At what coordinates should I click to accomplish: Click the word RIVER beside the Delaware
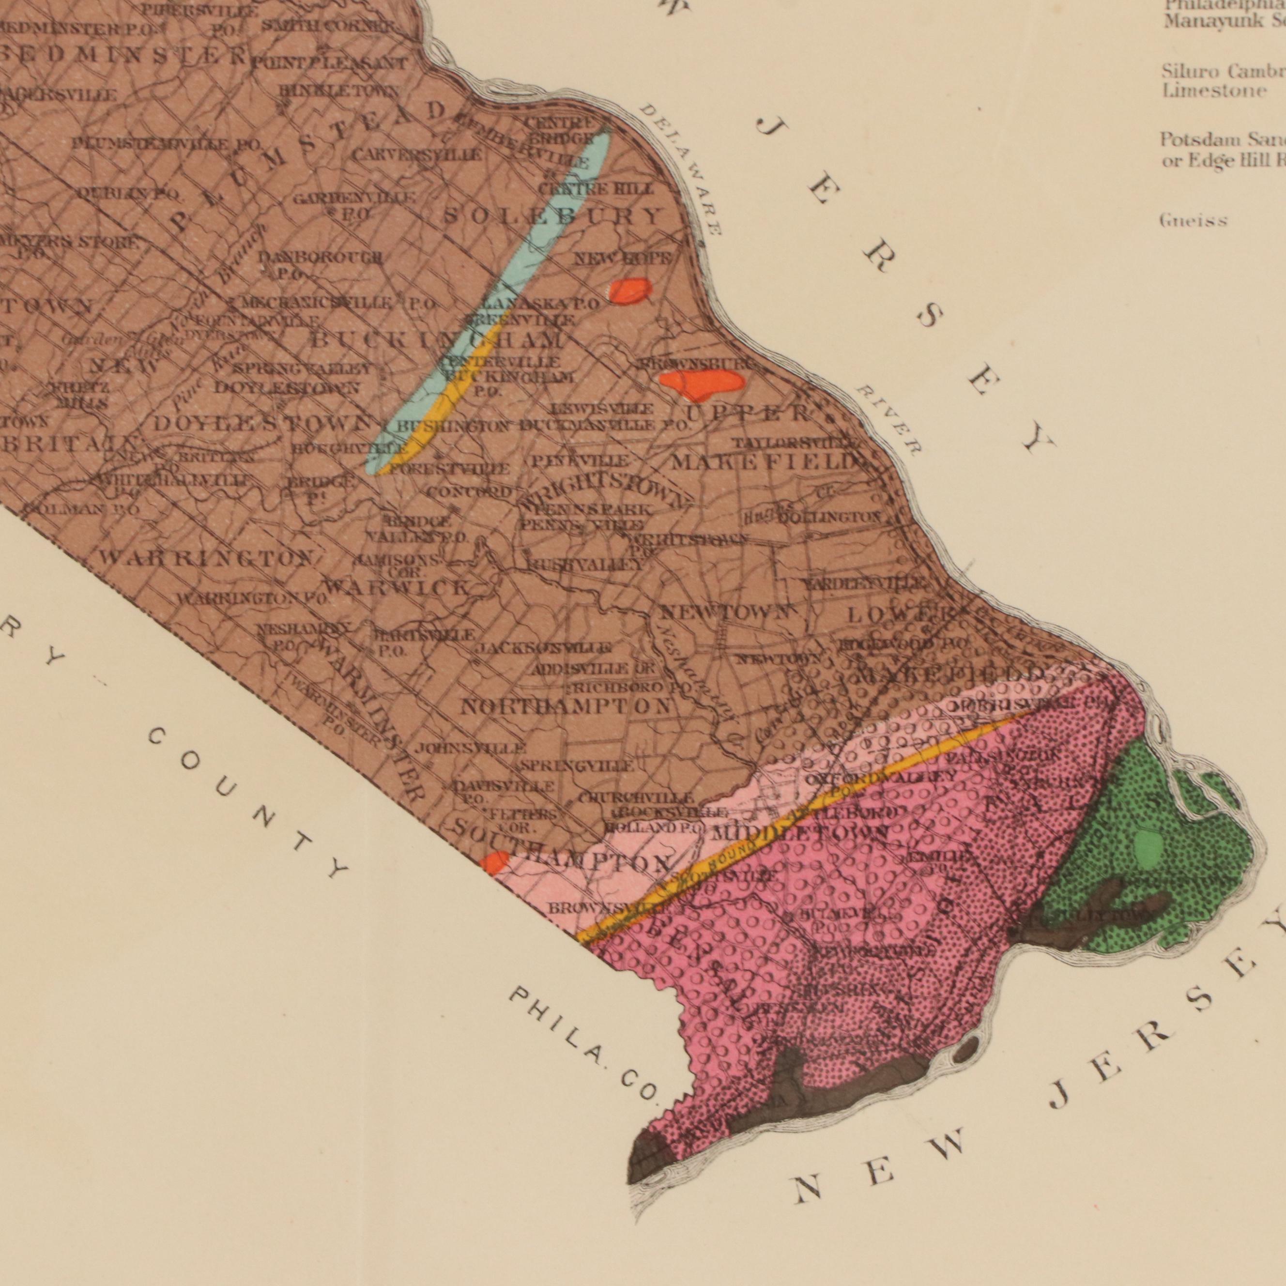(x=888, y=419)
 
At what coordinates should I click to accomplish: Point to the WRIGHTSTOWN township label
(x=606, y=492)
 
